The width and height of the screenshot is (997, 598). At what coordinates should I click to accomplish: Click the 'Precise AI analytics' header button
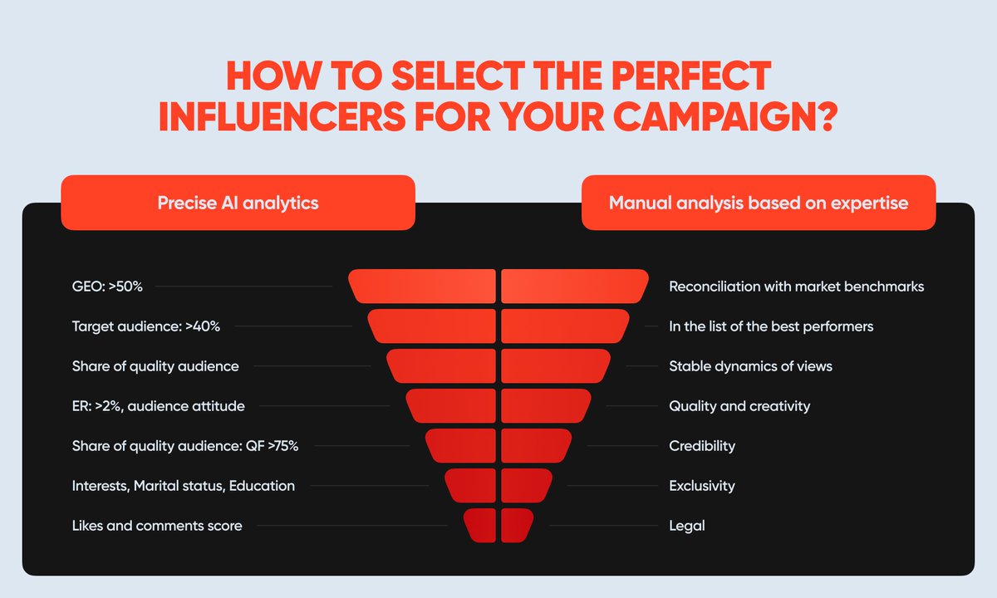pyautogui.click(x=238, y=203)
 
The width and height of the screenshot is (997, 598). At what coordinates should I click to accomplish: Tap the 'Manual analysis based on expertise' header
pyautogui.click(x=759, y=203)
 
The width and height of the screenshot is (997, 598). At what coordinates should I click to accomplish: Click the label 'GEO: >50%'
pyautogui.click(x=108, y=287)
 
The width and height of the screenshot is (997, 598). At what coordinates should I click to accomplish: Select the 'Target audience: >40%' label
pyautogui.click(x=146, y=326)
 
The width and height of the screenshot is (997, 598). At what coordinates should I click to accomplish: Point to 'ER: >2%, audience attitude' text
pyautogui.click(x=159, y=406)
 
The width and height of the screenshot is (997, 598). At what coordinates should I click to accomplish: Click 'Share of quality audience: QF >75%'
pyautogui.click(x=185, y=446)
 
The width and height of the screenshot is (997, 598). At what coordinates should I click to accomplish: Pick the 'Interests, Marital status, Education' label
pyautogui.click(x=184, y=486)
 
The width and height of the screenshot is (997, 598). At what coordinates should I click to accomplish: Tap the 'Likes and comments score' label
pyautogui.click(x=157, y=526)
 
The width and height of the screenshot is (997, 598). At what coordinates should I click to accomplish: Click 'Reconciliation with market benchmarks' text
pyautogui.click(x=796, y=287)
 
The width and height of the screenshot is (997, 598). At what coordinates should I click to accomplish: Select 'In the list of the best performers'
pyautogui.click(x=771, y=326)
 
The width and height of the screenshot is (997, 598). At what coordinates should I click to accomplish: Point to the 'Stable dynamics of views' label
pyautogui.click(x=750, y=366)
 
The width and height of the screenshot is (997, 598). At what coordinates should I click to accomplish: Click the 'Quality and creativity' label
pyautogui.click(x=739, y=406)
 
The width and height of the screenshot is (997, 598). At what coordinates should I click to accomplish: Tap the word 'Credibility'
pyautogui.click(x=702, y=446)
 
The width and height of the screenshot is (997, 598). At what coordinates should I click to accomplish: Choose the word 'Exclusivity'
pyautogui.click(x=702, y=486)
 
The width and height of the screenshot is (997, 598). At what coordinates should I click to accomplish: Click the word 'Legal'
pyautogui.click(x=686, y=526)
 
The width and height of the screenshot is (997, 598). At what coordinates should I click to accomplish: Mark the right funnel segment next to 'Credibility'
pyautogui.click(x=536, y=446)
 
